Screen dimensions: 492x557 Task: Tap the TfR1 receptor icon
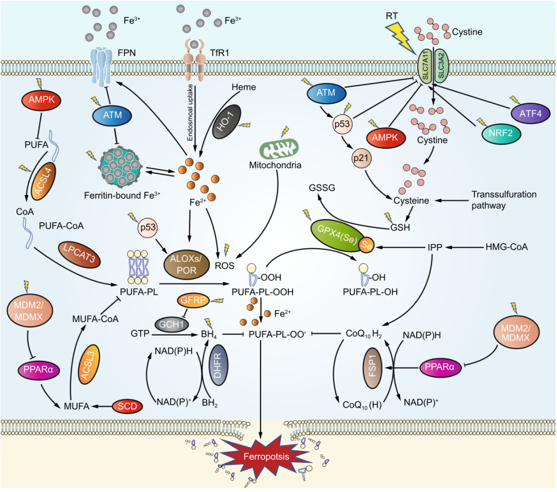pyautogui.click(x=194, y=62)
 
